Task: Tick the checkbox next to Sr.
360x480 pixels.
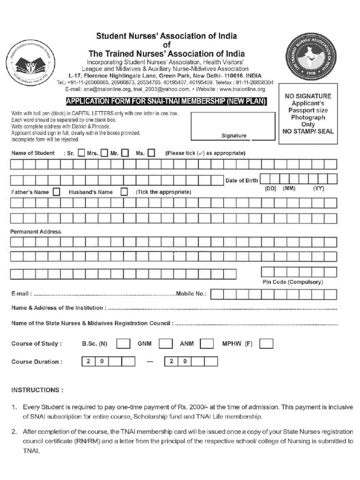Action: (81, 153)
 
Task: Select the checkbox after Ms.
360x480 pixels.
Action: (151, 153)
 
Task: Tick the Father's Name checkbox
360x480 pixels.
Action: (57, 192)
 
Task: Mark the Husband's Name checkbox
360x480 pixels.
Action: (124, 192)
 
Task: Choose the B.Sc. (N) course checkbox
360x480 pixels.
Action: (123, 344)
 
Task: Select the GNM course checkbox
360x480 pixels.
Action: (166, 344)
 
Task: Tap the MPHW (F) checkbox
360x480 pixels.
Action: (266, 344)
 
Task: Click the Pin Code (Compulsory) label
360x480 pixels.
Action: (292, 282)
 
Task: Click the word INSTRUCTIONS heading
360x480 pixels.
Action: (37, 390)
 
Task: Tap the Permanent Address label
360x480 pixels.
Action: (36, 232)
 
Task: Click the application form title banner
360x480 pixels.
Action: (166, 101)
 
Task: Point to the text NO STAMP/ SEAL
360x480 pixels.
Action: (307, 131)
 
